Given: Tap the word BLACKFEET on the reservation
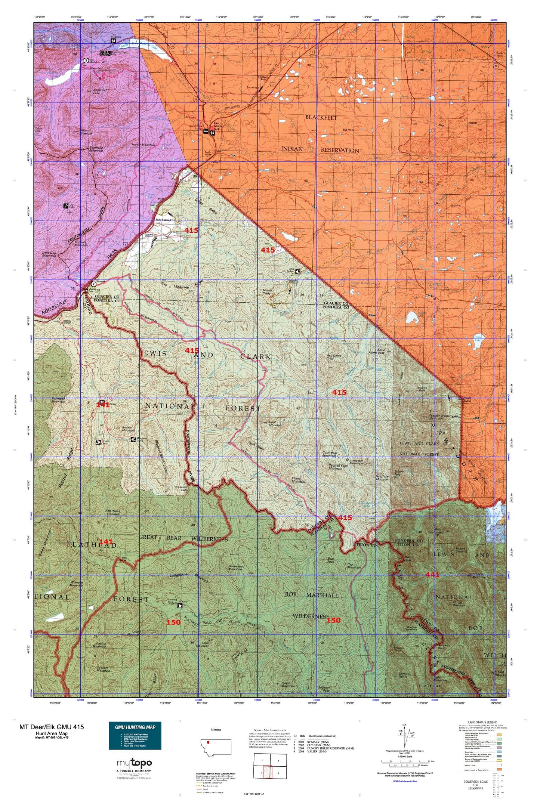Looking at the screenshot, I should (x=321, y=117).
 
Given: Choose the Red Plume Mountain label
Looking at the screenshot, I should (x=113, y=513).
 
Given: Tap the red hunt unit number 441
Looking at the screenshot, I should (x=432, y=575).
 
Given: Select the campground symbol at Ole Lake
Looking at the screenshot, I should (x=66, y=205).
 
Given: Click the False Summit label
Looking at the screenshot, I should (x=164, y=220).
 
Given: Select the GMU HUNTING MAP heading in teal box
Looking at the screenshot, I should (x=135, y=727).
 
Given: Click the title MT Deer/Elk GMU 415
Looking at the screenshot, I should (x=52, y=727).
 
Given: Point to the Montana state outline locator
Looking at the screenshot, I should (x=216, y=748).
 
